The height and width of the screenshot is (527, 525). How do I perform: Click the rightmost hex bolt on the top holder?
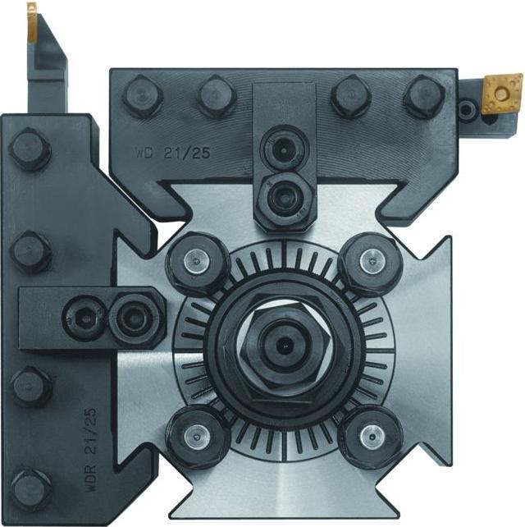423,94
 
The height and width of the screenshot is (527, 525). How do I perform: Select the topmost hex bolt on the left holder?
30,150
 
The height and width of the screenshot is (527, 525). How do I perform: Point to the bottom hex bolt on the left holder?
30,490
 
